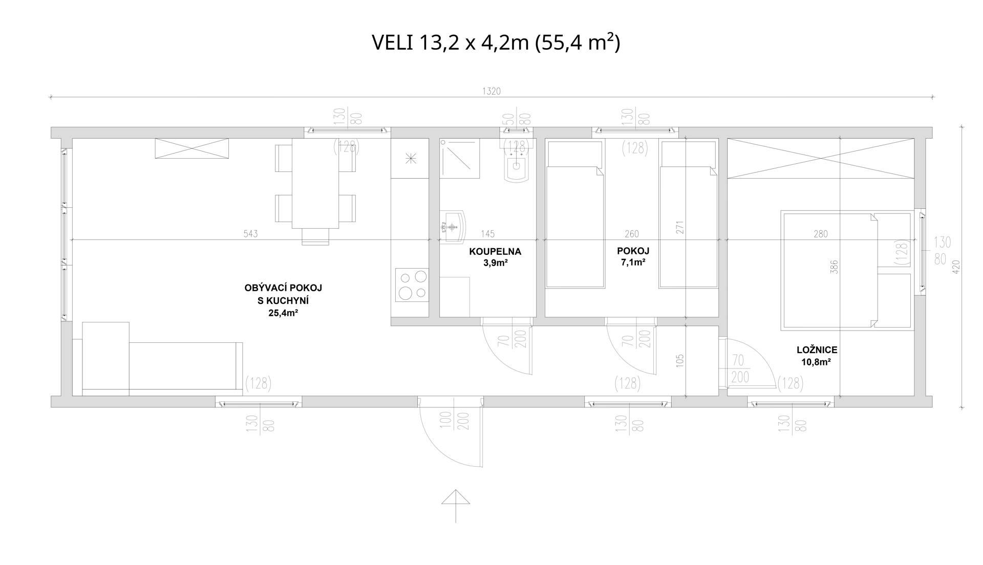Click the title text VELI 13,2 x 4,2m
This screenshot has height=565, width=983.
[450, 43]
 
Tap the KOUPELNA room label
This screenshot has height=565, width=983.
[495, 251]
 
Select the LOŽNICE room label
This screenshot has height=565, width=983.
[817, 350]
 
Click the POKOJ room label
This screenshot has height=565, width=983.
[633, 251]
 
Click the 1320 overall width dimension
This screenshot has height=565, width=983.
[491, 92]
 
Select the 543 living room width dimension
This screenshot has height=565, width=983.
[250, 234]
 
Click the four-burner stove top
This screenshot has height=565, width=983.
[412, 286]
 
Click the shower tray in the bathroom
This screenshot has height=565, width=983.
[459, 158]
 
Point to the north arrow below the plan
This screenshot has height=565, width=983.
[456, 506]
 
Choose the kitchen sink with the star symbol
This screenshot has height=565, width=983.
[410, 159]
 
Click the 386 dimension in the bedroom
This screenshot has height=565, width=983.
[835, 267]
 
